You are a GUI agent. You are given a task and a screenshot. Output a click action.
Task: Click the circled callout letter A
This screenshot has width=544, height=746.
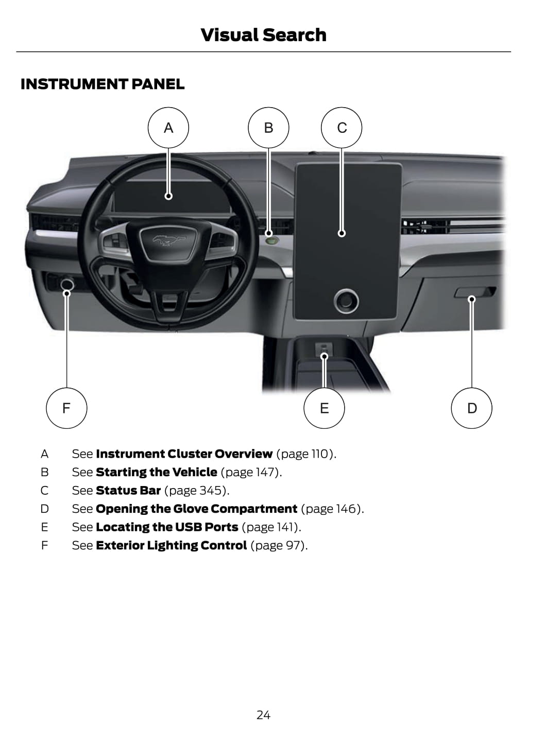[168, 128]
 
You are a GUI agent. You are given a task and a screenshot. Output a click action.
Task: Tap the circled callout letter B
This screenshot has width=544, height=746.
[268, 128]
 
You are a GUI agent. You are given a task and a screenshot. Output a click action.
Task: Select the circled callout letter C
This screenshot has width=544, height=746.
[342, 128]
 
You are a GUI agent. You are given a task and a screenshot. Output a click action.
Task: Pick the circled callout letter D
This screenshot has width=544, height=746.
[472, 408]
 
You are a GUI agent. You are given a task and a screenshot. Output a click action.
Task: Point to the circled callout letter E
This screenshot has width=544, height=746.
[325, 408]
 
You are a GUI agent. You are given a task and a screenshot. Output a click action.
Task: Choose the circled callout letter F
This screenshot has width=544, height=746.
[66, 408]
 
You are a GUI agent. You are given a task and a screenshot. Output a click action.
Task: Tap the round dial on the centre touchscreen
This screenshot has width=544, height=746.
[346, 301]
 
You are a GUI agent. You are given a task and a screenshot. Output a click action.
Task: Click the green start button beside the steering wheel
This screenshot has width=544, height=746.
[271, 240]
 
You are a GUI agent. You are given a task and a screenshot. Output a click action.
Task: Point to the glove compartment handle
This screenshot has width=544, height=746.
[475, 292]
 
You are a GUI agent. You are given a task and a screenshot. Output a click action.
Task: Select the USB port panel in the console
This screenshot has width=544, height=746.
[324, 350]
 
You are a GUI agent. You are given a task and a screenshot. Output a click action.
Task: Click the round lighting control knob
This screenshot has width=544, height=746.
[67, 284]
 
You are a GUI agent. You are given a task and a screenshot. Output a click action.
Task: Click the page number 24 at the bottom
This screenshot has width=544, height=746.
[263, 715]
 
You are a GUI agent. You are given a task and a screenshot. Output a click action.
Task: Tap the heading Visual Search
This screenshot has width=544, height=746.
[263, 35]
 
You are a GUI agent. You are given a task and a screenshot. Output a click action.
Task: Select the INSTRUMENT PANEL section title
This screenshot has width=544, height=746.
[103, 84]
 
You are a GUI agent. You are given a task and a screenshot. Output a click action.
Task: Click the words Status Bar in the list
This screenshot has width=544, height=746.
[128, 491]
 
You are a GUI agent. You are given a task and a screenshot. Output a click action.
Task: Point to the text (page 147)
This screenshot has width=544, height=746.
[251, 472]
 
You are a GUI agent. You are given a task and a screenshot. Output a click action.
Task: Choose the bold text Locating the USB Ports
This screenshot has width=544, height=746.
[167, 527]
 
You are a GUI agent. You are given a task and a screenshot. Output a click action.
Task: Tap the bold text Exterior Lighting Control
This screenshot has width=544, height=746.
[172, 546]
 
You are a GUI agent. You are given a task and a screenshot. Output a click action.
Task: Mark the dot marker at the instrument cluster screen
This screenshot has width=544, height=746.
[168, 196]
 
